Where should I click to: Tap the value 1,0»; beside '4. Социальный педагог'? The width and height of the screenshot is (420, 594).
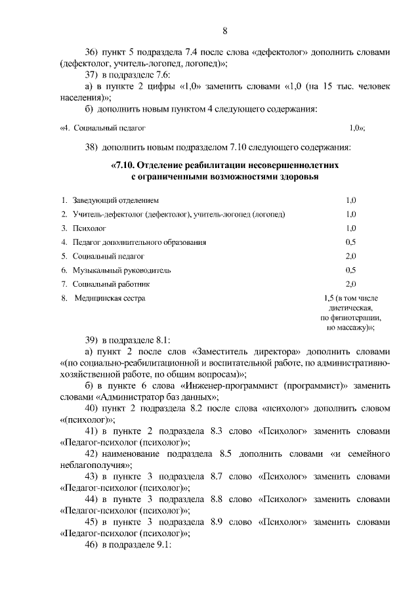coord(357,128)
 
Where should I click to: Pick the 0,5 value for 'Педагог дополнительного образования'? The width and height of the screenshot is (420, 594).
coord(350,242)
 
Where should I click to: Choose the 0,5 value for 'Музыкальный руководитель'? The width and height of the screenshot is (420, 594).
coord(350,270)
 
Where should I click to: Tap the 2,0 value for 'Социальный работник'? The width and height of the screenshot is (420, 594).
coord(350,284)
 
